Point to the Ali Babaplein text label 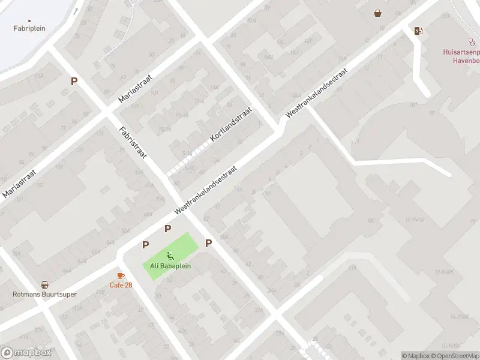[170, 266]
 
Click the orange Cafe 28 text [121, 284]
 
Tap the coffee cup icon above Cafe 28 [121, 275]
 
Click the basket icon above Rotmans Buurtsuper [44, 285]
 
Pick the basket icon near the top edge [377, 13]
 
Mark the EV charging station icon [418, 31]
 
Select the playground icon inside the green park [170, 256]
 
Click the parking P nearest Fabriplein [74, 82]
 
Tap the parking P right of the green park [209, 243]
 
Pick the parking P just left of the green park [145, 245]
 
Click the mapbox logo [26, 353]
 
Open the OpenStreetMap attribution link [455, 356]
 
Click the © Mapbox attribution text [415, 356]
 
